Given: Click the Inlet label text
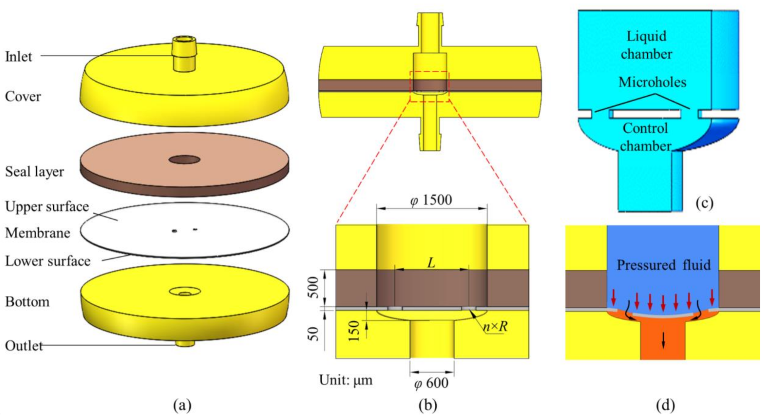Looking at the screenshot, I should [x=19, y=57].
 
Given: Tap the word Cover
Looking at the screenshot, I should [x=23, y=96].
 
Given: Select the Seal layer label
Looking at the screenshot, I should [x=34, y=172].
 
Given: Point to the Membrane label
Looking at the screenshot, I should [x=37, y=233].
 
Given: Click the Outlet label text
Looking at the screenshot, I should [x=23, y=346].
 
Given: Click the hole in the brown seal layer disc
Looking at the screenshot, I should [x=184, y=160].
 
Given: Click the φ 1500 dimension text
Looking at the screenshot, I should [x=431, y=200].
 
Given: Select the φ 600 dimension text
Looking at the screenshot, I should [x=431, y=384].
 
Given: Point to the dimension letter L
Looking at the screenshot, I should [x=431, y=262].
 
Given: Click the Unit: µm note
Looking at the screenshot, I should [x=345, y=380].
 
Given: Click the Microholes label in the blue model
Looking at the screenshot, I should [x=652, y=82].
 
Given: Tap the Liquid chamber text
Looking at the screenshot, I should [x=646, y=45].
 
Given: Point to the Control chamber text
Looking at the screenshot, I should [x=645, y=137].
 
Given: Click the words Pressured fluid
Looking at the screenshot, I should [x=664, y=265].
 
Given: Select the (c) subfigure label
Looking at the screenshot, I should [x=704, y=203].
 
